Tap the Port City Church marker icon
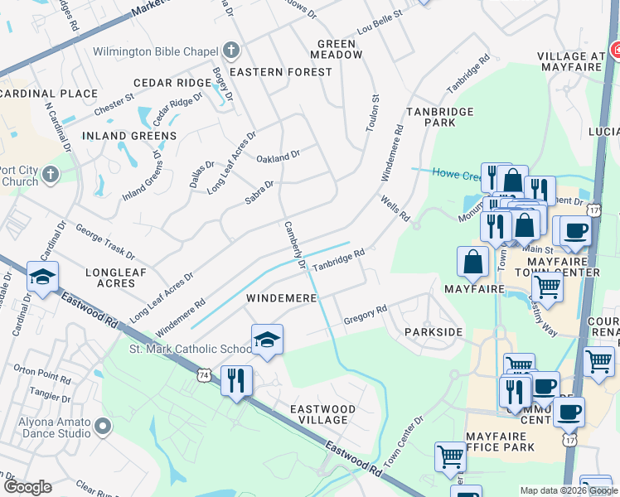click(x=51, y=175)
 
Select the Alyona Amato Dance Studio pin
click(x=103, y=427)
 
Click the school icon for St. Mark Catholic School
click(x=267, y=340)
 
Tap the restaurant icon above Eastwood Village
click(x=237, y=382)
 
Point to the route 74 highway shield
click(x=204, y=375)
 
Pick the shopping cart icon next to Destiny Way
click(x=546, y=287)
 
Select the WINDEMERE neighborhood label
click(x=280, y=297)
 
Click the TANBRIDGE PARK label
click(x=439, y=117)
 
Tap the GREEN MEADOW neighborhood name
click(x=337, y=49)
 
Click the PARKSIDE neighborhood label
click(x=433, y=331)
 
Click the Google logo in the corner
click(x=27, y=487)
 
